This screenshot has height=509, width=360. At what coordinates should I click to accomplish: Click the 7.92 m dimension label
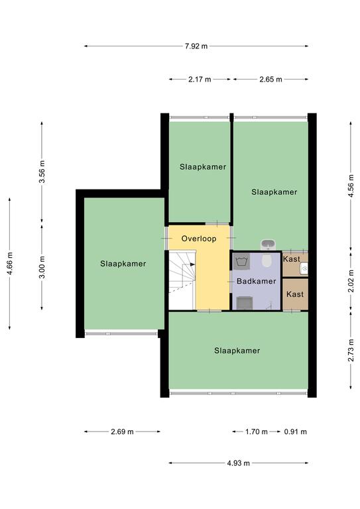click(x=196, y=46)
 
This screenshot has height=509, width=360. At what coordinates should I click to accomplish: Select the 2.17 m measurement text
click(x=200, y=80)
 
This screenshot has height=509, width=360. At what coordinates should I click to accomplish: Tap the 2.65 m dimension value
click(x=270, y=80)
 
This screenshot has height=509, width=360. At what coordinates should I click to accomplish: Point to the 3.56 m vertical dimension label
click(x=42, y=172)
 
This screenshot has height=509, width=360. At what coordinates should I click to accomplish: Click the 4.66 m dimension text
click(x=10, y=263)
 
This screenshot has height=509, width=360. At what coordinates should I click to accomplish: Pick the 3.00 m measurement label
click(x=42, y=267)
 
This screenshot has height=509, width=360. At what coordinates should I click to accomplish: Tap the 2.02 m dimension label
click(x=351, y=281)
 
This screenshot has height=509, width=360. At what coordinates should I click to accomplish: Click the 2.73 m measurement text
click(x=351, y=350)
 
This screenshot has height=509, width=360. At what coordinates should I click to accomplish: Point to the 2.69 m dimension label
click(x=122, y=431)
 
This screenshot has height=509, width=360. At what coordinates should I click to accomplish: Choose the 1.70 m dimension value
click(x=257, y=431)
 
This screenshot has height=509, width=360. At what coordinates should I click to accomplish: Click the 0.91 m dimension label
click(x=296, y=431)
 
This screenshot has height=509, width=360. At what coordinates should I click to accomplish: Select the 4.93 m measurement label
click(x=238, y=463)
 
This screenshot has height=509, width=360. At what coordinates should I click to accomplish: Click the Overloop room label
click(x=199, y=239)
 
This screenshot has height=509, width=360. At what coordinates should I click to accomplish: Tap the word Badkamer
click(x=256, y=281)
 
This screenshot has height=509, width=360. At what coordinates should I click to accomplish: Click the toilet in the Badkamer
click(x=267, y=260)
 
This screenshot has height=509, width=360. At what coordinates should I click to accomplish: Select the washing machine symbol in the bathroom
click(x=241, y=261)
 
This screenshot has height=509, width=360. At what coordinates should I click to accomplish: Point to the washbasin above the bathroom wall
click(x=268, y=245)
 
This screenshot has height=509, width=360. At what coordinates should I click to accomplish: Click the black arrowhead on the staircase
click(x=192, y=264)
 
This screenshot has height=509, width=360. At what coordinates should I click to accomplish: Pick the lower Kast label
click(x=295, y=294)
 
